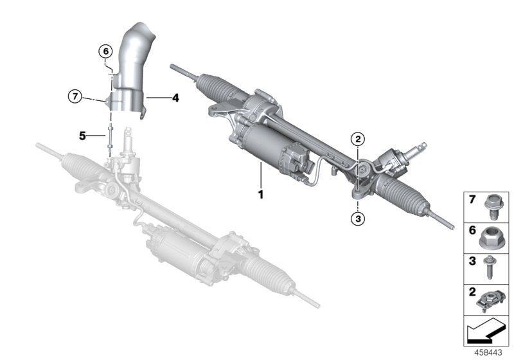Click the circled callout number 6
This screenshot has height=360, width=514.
tap(105, 51)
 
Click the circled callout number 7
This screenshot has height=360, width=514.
tap(75, 97)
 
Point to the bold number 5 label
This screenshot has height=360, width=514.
tap(82, 136)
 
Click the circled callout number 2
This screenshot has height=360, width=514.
tap(358, 138)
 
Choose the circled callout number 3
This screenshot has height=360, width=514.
tap(358, 219)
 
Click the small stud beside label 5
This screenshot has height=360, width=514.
tap(111, 136)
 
